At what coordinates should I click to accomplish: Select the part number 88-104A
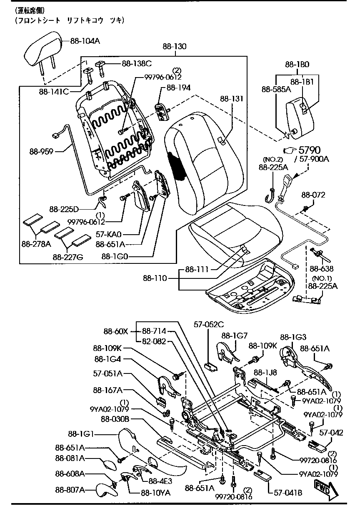(x=85, y=41)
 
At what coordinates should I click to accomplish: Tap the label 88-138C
(x=137, y=63)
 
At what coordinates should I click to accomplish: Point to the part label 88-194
(x=178, y=88)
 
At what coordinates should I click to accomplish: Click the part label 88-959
(x=41, y=151)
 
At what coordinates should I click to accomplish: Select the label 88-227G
(x=68, y=257)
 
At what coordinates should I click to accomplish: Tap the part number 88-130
(x=174, y=47)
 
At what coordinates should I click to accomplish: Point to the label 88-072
(x=313, y=195)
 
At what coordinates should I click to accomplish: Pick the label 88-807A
(x=70, y=489)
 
